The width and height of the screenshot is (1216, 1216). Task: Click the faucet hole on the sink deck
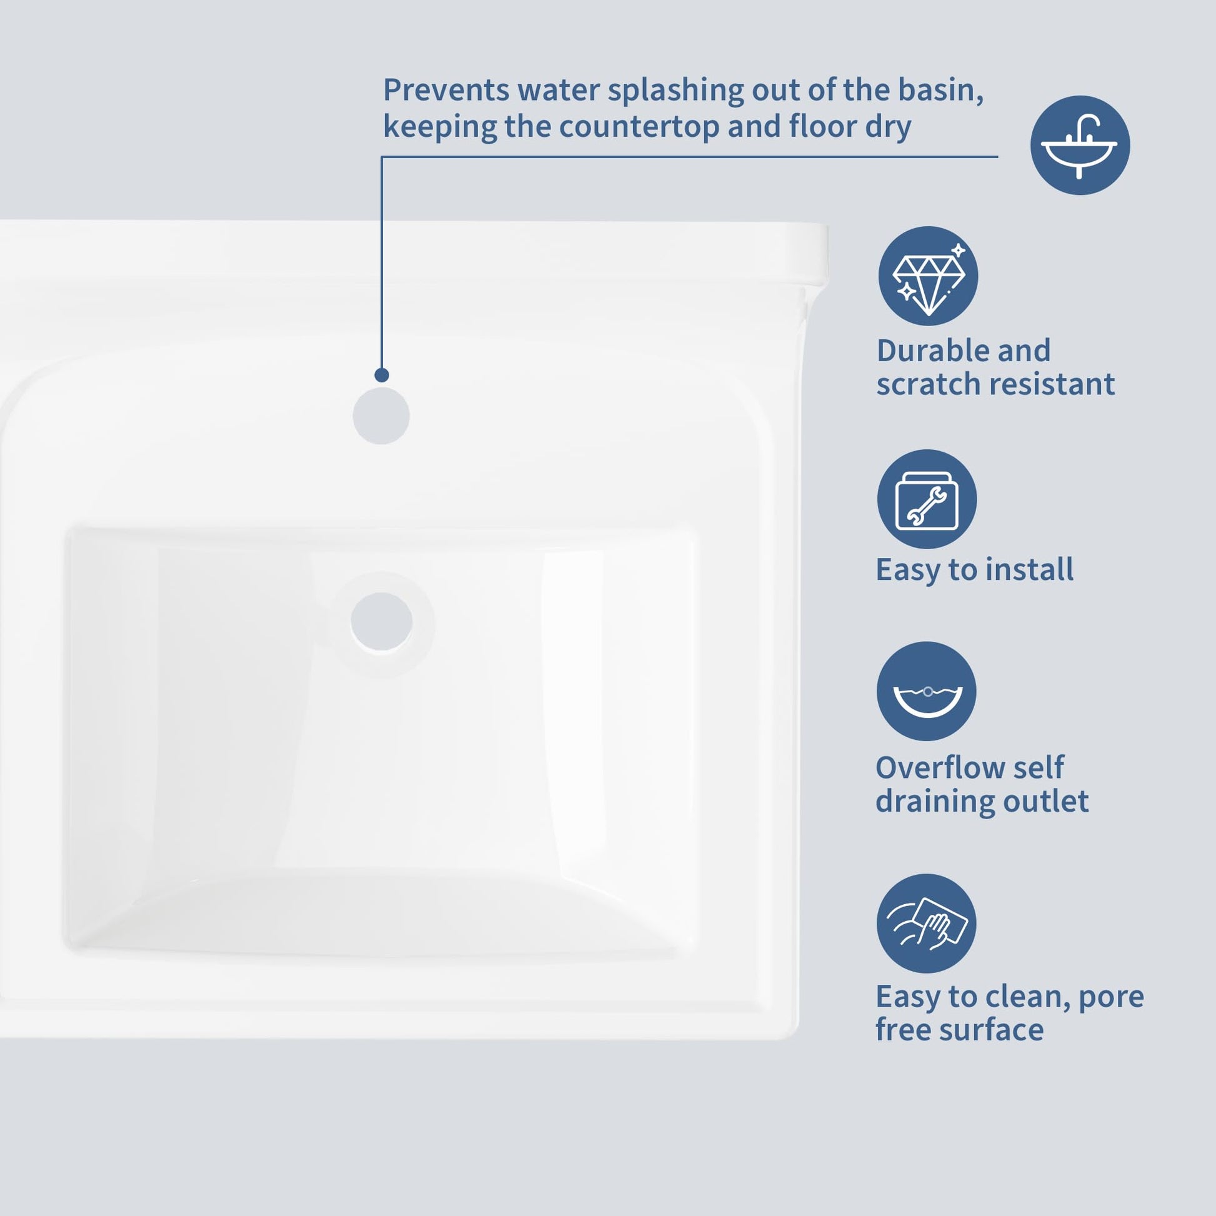(x=381, y=416)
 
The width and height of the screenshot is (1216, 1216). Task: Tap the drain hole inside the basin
(x=381, y=621)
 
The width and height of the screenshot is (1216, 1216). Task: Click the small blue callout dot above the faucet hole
(x=381, y=375)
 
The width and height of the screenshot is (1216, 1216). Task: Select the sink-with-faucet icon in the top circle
(x=1079, y=146)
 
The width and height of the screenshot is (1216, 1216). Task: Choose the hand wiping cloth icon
(x=927, y=924)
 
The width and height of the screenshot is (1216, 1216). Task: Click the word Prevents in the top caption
(x=446, y=89)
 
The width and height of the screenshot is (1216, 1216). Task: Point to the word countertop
(x=639, y=126)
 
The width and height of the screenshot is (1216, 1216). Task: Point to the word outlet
(x=1046, y=800)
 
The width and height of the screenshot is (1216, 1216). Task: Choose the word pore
(x=1111, y=997)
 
